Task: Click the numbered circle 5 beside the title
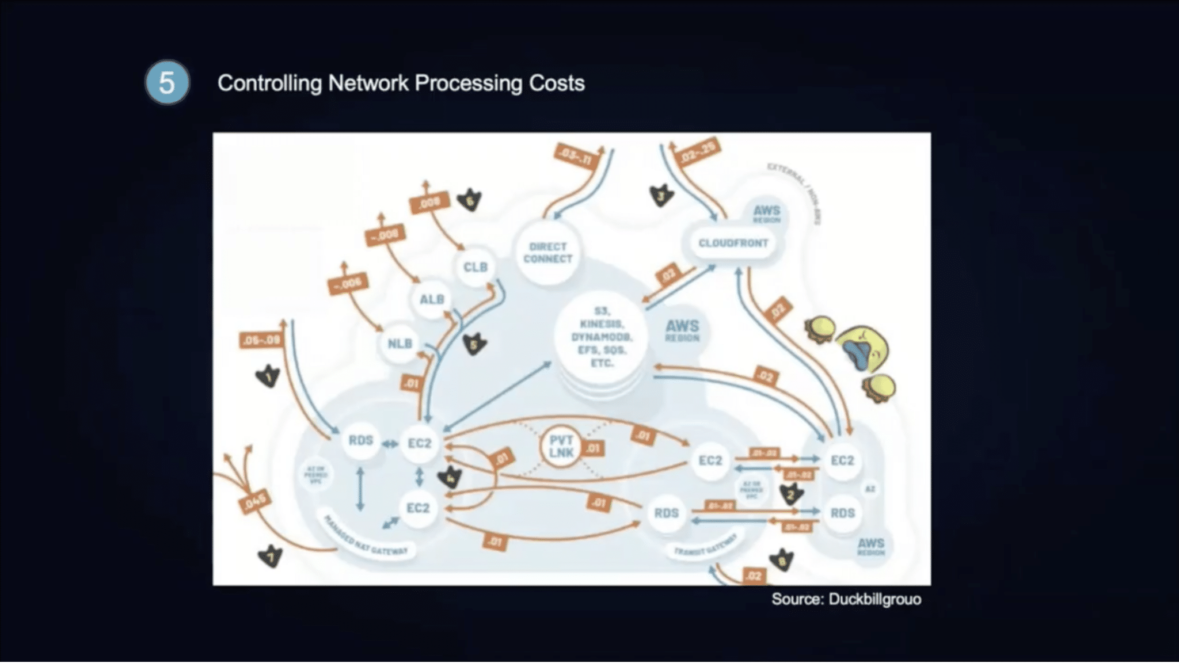point(167,83)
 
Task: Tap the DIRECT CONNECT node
point(547,253)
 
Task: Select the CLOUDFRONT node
point(733,243)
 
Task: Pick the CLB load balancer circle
point(476,267)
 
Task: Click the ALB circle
point(432,299)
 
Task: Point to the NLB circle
point(400,344)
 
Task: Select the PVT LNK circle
point(561,447)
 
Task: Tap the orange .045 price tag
point(254,502)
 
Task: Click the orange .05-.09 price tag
point(261,340)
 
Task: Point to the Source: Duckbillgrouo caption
point(846,599)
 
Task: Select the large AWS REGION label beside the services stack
point(682,330)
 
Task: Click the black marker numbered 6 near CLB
point(470,200)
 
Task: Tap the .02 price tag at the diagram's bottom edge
point(753,576)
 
